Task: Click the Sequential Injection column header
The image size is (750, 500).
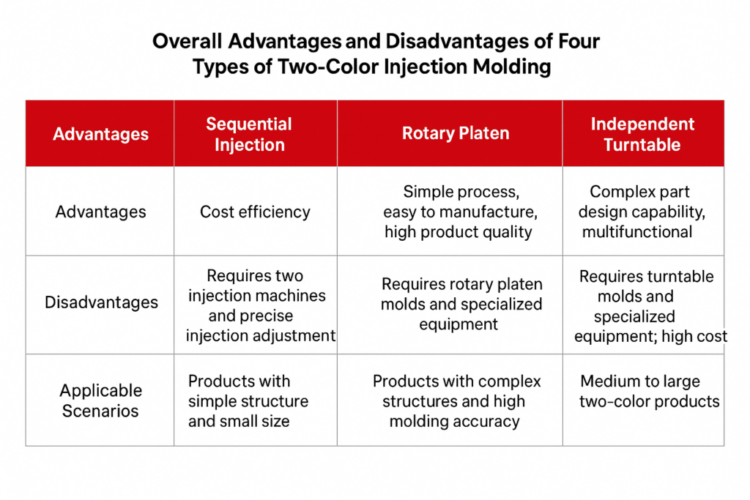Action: [249, 134]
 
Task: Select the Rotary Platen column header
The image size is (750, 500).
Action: [455, 133]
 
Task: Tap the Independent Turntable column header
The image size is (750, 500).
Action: [642, 134]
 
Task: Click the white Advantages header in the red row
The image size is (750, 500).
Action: [100, 134]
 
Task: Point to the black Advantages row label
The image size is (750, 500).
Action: [100, 212]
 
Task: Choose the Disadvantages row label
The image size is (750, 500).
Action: [101, 302]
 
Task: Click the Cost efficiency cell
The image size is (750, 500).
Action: [255, 212]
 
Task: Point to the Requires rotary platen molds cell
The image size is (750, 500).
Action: [461, 304]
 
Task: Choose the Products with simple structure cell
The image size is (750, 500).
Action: [248, 401]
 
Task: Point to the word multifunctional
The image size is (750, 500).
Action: [637, 232]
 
